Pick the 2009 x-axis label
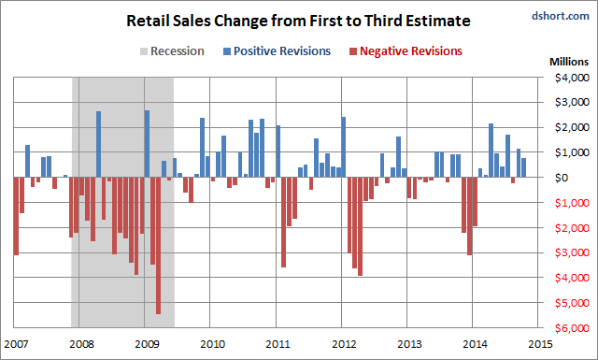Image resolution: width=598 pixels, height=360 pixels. click(146, 344)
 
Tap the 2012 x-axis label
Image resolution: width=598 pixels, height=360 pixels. click(344, 344)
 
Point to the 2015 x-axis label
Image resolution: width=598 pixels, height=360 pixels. click(540, 344)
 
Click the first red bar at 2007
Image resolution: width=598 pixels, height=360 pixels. click(16, 215)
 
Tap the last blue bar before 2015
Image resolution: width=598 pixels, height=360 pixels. click(524, 167)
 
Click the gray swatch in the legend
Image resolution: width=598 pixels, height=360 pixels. click(140, 50)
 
